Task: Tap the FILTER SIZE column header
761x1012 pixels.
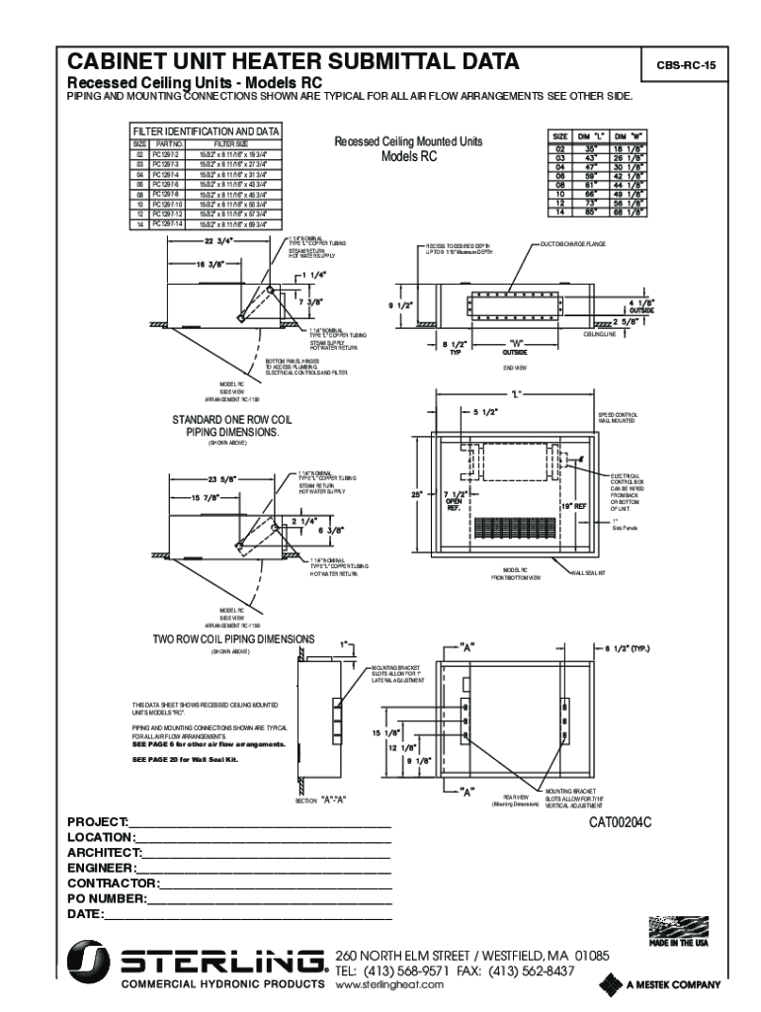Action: point(230,144)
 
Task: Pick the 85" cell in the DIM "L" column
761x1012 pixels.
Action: point(591,211)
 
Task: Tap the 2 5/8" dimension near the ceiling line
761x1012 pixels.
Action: point(626,321)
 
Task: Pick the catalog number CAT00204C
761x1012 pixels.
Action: point(623,821)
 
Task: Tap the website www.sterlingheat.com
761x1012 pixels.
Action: point(391,985)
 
